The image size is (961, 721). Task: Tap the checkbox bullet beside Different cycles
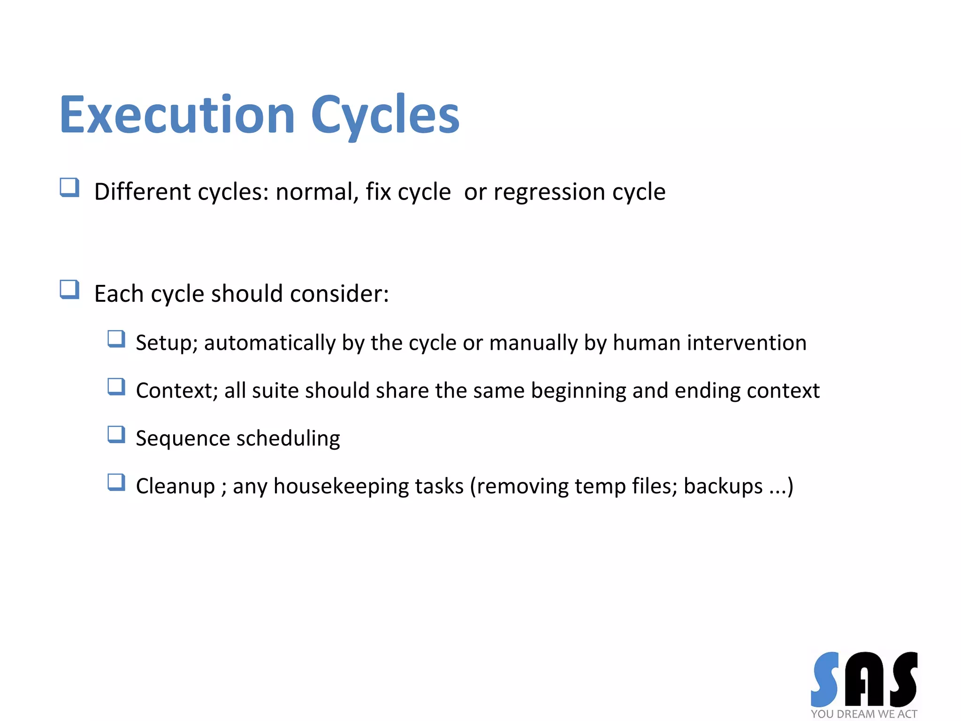(69, 188)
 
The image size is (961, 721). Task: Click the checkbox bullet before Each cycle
(69, 290)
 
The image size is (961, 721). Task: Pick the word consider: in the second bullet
(339, 294)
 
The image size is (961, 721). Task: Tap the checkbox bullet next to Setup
(116, 339)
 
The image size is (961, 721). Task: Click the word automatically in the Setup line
(270, 343)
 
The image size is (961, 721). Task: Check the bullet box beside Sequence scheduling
(116, 434)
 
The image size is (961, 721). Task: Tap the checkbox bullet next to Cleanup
(116, 482)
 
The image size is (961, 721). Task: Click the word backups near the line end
(723, 486)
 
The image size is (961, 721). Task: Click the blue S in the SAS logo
(825, 679)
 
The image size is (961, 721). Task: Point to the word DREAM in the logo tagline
(856, 714)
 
